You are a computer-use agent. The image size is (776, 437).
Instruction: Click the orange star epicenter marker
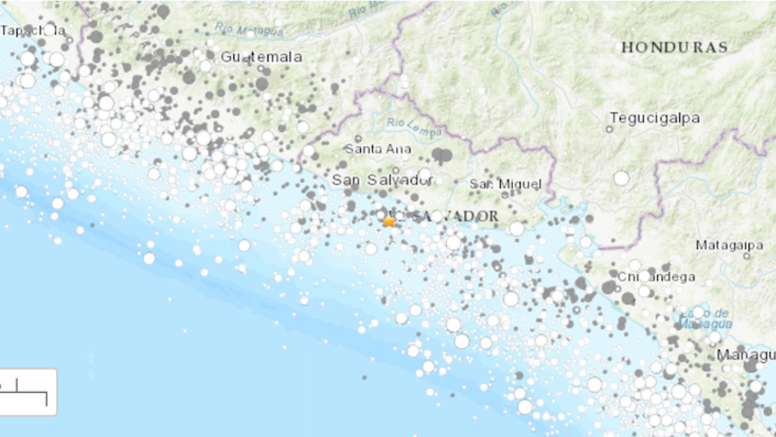point(389,222)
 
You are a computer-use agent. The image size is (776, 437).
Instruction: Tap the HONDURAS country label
point(674,47)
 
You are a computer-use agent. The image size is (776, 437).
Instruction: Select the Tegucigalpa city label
point(655,118)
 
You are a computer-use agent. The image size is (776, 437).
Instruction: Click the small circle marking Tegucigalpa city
point(609,129)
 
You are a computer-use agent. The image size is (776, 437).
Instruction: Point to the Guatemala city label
point(261,57)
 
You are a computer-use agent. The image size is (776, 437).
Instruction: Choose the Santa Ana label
point(378,149)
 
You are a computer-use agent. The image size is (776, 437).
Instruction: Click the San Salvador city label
point(382,180)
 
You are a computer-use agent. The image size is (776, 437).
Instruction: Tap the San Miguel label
point(505,184)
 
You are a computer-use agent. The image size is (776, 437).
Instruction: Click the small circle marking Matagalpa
point(746,256)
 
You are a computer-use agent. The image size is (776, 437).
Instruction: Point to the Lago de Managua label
point(705,318)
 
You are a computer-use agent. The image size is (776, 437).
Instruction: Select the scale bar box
point(28,392)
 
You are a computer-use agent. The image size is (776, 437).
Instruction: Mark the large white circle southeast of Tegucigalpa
point(621,178)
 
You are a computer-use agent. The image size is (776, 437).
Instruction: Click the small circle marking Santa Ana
point(358,138)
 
